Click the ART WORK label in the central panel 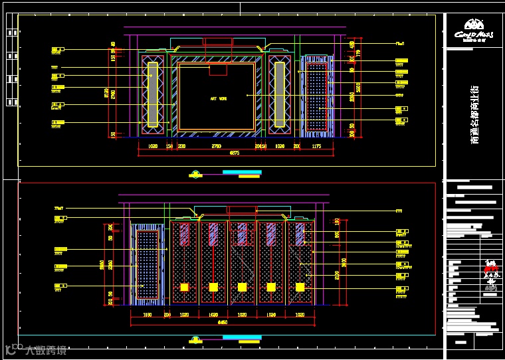[218, 98]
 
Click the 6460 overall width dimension [223, 322]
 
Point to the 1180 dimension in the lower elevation [148, 314]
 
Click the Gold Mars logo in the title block [474, 35]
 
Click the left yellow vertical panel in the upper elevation [152, 94]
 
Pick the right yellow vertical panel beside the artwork [280, 94]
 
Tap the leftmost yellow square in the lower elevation [184, 287]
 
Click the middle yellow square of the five [242, 287]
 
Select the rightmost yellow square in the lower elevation [300, 287]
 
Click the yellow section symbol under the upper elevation [195, 175]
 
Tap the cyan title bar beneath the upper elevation [242, 172]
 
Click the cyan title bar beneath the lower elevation [242, 337]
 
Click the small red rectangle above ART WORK [218, 70]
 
